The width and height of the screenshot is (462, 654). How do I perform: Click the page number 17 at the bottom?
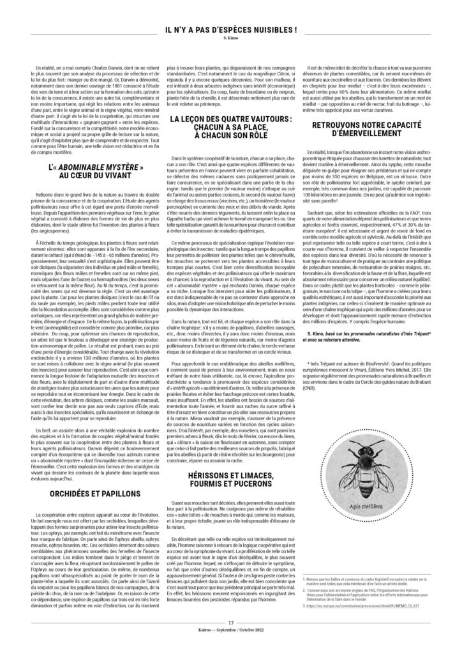230,639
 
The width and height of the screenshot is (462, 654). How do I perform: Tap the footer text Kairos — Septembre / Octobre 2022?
230,647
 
